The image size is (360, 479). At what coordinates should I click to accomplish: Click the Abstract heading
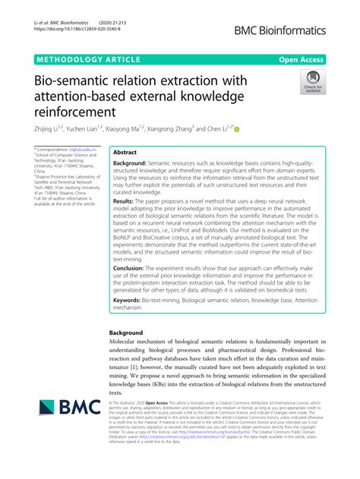coord(125,152)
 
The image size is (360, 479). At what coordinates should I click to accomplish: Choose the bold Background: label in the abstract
coord(130,164)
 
